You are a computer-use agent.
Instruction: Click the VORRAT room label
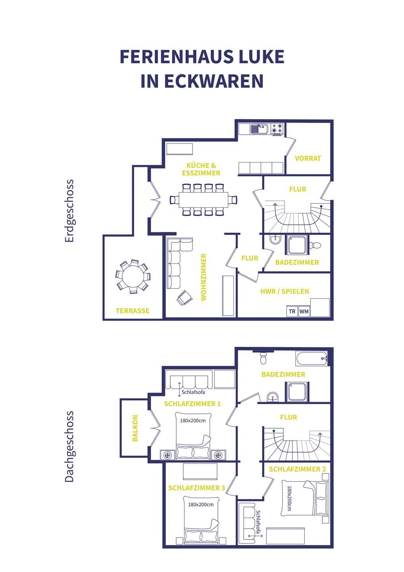(x=308, y=158)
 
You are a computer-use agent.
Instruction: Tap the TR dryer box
(x=292, y=311)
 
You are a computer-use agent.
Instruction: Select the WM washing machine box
(x=304, y=311)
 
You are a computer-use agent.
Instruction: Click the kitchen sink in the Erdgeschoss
(x=258, y=129)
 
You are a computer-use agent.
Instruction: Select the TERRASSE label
(x=133, y=311)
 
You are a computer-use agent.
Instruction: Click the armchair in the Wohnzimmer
(x=185, y=298)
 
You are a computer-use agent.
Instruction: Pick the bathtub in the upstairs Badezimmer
(x=312, y=359)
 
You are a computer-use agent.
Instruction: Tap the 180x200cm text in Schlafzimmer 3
(x=201, y=504)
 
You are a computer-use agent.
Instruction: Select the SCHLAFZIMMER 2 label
(x=297, y=469)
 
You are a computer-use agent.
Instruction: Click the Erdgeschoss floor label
(x=69, y=211)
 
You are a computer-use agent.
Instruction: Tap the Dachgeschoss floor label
(x=69, y=446)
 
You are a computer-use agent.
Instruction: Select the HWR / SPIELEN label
(x=285, y=292)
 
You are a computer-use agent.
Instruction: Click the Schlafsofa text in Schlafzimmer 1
(x=193, y=392)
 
